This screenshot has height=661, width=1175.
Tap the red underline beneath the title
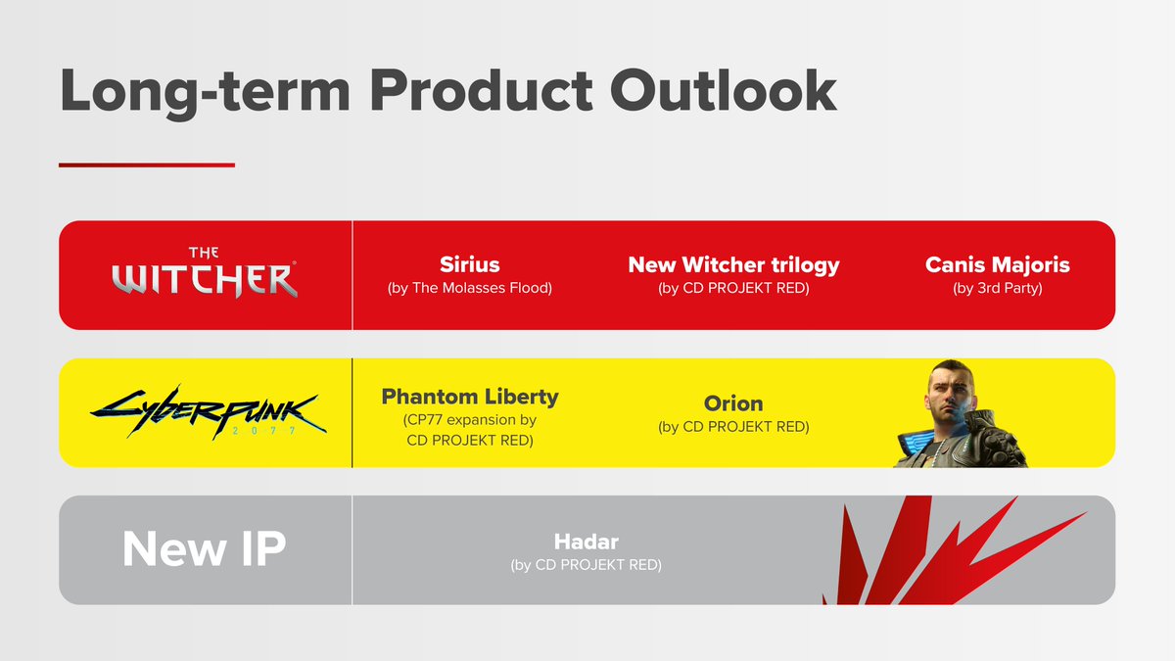147,165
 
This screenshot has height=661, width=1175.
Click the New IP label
204,549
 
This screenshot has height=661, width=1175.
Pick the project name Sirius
470,264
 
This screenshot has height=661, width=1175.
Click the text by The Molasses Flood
470,289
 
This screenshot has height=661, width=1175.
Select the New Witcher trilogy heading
733,264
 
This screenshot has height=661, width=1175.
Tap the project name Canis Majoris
997,264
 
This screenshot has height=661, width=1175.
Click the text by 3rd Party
997,289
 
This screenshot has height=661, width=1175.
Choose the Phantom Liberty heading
470,397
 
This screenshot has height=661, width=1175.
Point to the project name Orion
733,402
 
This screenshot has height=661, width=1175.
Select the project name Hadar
587,541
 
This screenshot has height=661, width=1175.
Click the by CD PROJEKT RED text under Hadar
587,565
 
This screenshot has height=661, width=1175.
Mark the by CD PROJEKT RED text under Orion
733,427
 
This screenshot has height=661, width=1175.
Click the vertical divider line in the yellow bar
352,412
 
